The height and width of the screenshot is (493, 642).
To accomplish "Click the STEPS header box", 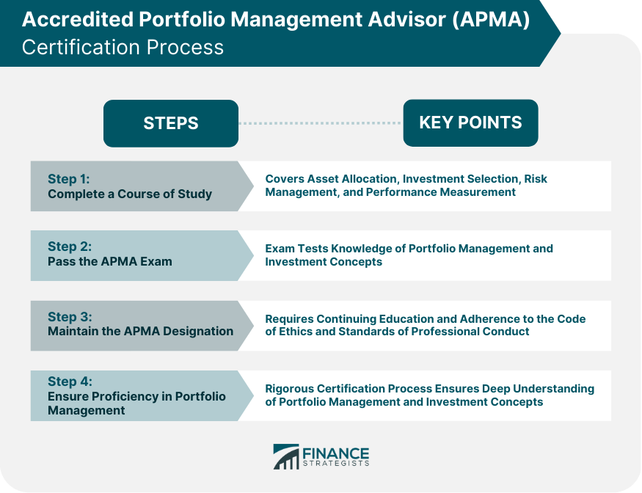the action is tap(171, 123).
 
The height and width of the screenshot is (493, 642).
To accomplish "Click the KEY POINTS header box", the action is tap(470, 123).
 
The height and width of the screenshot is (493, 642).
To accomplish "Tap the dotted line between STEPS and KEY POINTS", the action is tap(321, 123).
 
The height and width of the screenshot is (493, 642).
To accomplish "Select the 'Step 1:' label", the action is tap(68, 179).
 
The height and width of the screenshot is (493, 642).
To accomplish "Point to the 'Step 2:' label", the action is tap(70, 246).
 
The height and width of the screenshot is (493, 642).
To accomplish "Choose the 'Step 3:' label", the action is tap(70, 316).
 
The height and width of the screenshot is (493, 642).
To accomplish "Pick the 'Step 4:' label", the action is tap(70, 381).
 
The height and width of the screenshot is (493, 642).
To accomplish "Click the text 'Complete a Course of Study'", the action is tap(130, 194).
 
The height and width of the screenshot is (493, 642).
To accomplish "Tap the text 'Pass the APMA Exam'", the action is tap(110, 261).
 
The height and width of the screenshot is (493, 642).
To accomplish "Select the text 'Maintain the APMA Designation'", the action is tap(140, 331).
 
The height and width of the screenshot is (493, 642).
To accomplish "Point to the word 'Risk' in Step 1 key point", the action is tap(536, 179).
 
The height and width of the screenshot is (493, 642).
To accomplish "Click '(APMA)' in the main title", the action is tap(491, 19).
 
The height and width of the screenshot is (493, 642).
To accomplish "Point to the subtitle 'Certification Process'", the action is tap(123, 47).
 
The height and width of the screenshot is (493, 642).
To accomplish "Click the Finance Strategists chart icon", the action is tap(286, 456).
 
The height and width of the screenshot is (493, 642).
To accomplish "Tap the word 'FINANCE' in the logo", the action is tap(336, 453).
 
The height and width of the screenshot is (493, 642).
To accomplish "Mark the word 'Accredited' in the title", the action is tap(78, 19).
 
